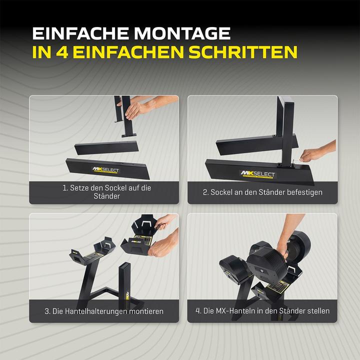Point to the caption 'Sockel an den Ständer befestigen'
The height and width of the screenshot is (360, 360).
tap(262, 192)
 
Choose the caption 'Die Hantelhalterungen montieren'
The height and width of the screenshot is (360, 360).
tap(103, 311)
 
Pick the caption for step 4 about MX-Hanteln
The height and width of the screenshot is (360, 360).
tap(262, 311)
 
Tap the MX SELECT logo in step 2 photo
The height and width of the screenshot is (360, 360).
tap(258, 174)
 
